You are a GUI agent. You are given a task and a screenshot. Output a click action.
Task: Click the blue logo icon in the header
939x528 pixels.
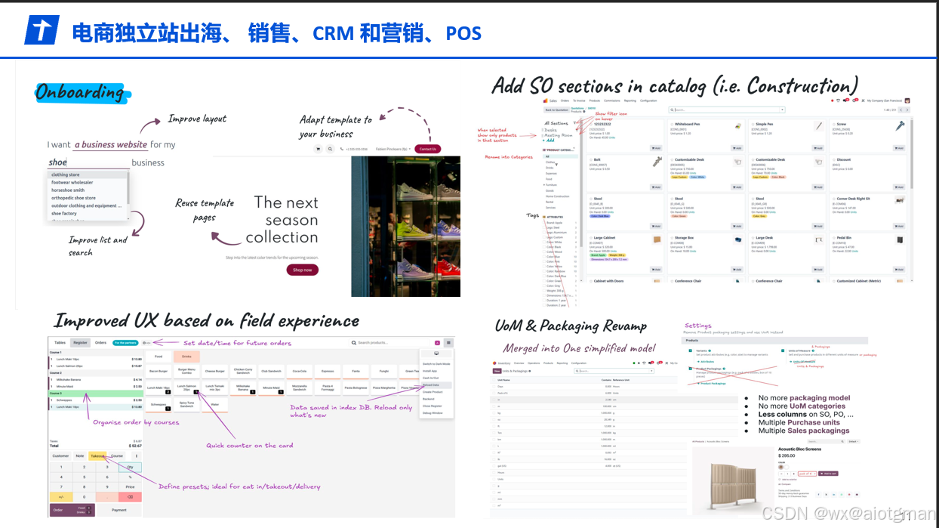(x=42, y=31)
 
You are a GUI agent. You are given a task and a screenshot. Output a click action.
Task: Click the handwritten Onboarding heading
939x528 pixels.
(x=80, y=92)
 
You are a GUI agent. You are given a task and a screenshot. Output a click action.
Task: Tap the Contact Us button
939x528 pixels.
(x=427, y=149)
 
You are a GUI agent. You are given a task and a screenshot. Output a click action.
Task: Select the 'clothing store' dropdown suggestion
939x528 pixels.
(x=66, y=174)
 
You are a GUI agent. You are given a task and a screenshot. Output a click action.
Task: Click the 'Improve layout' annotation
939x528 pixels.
(x=196, y=119)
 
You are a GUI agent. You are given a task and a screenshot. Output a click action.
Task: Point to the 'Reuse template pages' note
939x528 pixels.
(x=205, y=210)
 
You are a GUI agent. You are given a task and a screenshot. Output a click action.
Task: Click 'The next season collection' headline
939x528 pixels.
(x=282, y=220)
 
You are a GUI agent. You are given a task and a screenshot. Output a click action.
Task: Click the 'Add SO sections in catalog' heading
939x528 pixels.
(x=675, y=85)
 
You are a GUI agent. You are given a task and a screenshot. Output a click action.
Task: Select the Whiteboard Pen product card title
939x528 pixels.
(x=688, y=124)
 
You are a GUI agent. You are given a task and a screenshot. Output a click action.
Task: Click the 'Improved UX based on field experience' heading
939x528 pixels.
(x=206, y=321)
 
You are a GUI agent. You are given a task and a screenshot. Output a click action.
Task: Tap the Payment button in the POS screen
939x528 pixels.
(x=119, y=510)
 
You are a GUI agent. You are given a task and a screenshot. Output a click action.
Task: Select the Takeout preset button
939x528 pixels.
(x=97, y=456)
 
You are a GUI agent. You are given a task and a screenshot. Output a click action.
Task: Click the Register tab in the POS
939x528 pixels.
(x=80, y=343)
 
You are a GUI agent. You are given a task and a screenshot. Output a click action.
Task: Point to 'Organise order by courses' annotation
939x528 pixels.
(x=136, y=422)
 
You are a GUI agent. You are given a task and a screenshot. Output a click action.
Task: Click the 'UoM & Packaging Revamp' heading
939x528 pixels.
(x=571, y=326)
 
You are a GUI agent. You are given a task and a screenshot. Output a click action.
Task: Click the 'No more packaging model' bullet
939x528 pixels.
(x=804, y=398)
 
